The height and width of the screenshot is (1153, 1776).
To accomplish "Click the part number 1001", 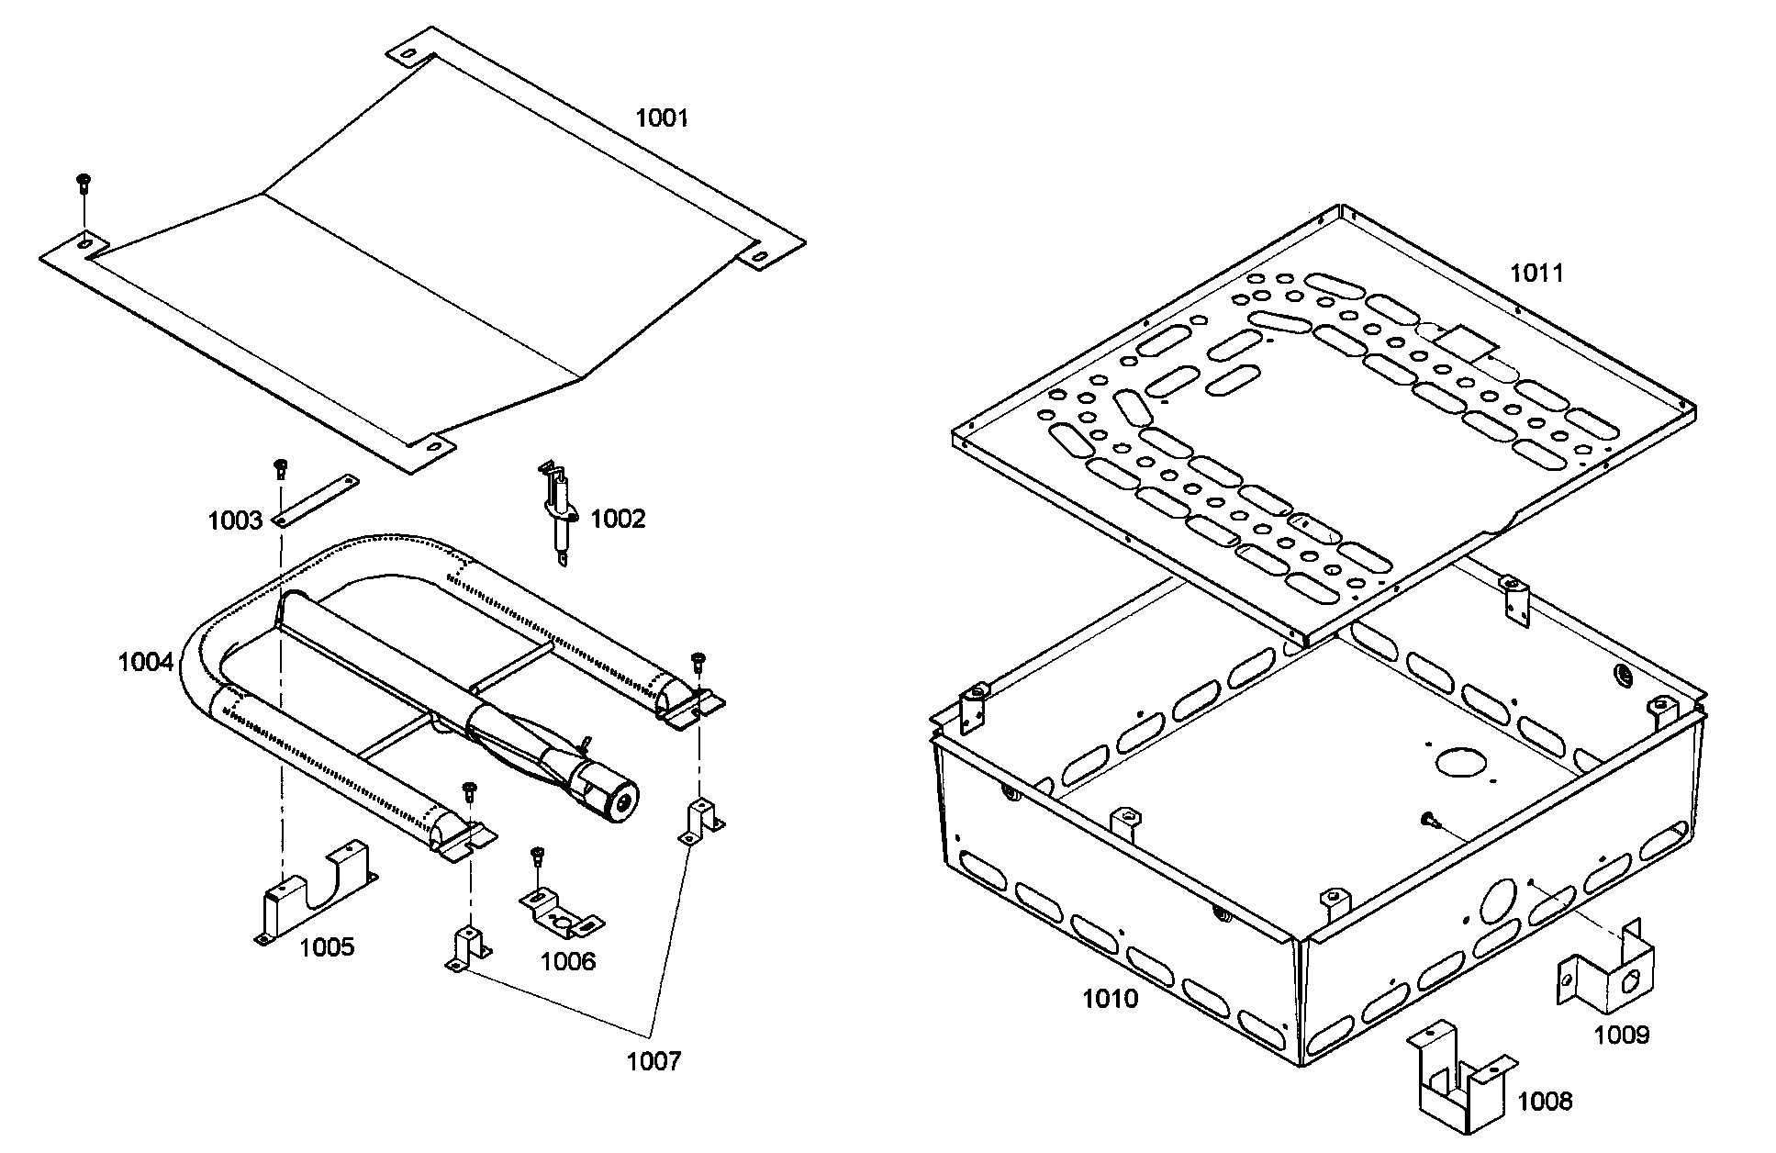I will (x=662, y=118).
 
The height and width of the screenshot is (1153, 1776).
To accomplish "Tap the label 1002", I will (x=618, y=519).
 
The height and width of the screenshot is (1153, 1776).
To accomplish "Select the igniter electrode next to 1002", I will (x=558, y=512).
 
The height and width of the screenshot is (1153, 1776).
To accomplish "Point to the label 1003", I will (x=235, y=521).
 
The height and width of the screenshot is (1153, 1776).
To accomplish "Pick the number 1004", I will (x=145, y=662).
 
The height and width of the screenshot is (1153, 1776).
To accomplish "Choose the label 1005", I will (x=327, y=947).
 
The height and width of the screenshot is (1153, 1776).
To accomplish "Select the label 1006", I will (x=567, y=961).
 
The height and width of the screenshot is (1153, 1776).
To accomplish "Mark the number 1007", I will (x=653, y=1062).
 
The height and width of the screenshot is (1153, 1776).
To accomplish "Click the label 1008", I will (x=1545, y=1101).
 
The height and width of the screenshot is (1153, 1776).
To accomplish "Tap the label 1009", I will (x=1621, y=1035).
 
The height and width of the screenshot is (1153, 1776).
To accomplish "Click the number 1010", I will (x=1110, y=999).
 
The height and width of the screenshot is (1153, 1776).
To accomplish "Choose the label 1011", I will (x=1536, y=273).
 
